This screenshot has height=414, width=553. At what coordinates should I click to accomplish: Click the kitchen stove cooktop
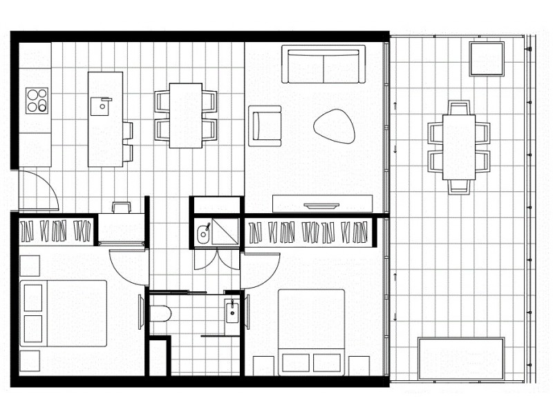click(x=37, y=101)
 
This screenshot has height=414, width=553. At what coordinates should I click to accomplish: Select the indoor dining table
click(x=185, y=115)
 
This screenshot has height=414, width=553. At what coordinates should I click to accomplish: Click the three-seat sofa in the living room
click(x=324, y=64)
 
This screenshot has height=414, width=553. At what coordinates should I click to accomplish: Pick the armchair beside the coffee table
click(x=265, y=126)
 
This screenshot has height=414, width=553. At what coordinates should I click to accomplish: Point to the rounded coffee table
click(x=335, y=126)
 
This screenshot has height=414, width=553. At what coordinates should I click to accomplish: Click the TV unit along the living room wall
click(x=322, y=204)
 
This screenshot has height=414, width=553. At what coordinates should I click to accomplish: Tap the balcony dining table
click(x=458, y=146)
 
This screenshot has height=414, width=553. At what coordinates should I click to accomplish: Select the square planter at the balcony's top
click(x=487, y=59)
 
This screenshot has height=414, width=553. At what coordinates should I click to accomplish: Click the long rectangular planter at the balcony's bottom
click(x=461, y=358)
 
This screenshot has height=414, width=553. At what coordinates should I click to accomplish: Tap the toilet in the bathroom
click(x=158, y=314)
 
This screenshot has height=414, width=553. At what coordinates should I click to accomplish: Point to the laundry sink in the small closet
click(x=204, y=233)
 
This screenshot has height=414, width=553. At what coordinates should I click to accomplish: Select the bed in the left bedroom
click(x=64, y=313)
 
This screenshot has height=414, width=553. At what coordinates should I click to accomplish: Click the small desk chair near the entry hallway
click(x=120, y=208)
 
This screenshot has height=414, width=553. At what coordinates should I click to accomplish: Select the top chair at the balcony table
click(x=458, y=108)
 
